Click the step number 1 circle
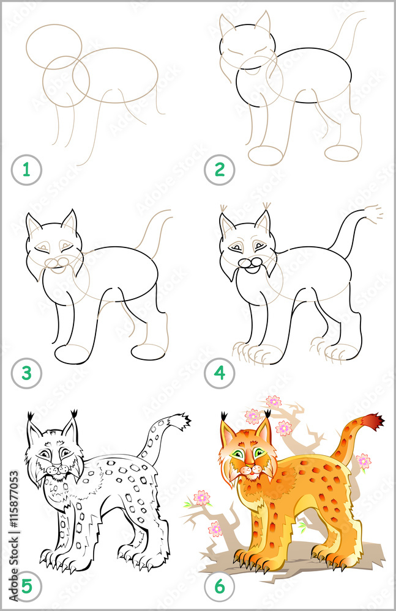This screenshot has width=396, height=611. pos(26,170)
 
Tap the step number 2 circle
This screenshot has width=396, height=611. pos(219,170)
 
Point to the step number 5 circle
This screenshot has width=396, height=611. pos(26,587)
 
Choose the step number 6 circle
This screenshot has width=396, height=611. pos(219,587)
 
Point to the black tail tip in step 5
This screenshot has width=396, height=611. pos(181,421)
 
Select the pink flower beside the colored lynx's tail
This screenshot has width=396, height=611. pos(364,461)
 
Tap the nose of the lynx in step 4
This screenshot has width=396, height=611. pos(246,263)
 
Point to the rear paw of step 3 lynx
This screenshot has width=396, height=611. pos(149,351)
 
